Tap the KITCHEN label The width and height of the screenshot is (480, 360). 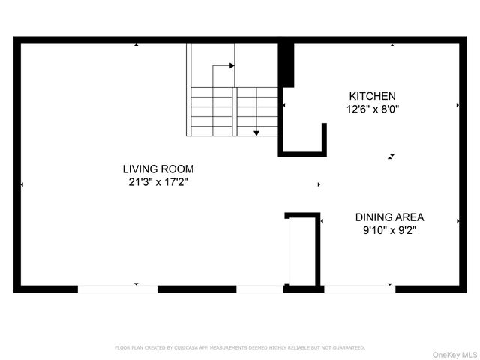coord(372,96)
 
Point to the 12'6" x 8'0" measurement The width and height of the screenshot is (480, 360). coord(372,109)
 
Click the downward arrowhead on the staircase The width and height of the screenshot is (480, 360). coord(256,133)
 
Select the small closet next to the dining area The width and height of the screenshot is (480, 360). coord(304,251)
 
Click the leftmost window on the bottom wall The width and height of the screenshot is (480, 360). coord(117,289)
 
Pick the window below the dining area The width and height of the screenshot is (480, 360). coord(359,289)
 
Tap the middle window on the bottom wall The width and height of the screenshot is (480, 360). coord(259,289)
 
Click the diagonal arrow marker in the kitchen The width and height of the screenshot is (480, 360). coord(391,157)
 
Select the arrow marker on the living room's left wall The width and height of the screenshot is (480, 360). coord(22,184)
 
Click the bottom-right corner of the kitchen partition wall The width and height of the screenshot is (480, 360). coord(325,154)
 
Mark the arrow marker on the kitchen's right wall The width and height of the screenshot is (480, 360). coord(457,106)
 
